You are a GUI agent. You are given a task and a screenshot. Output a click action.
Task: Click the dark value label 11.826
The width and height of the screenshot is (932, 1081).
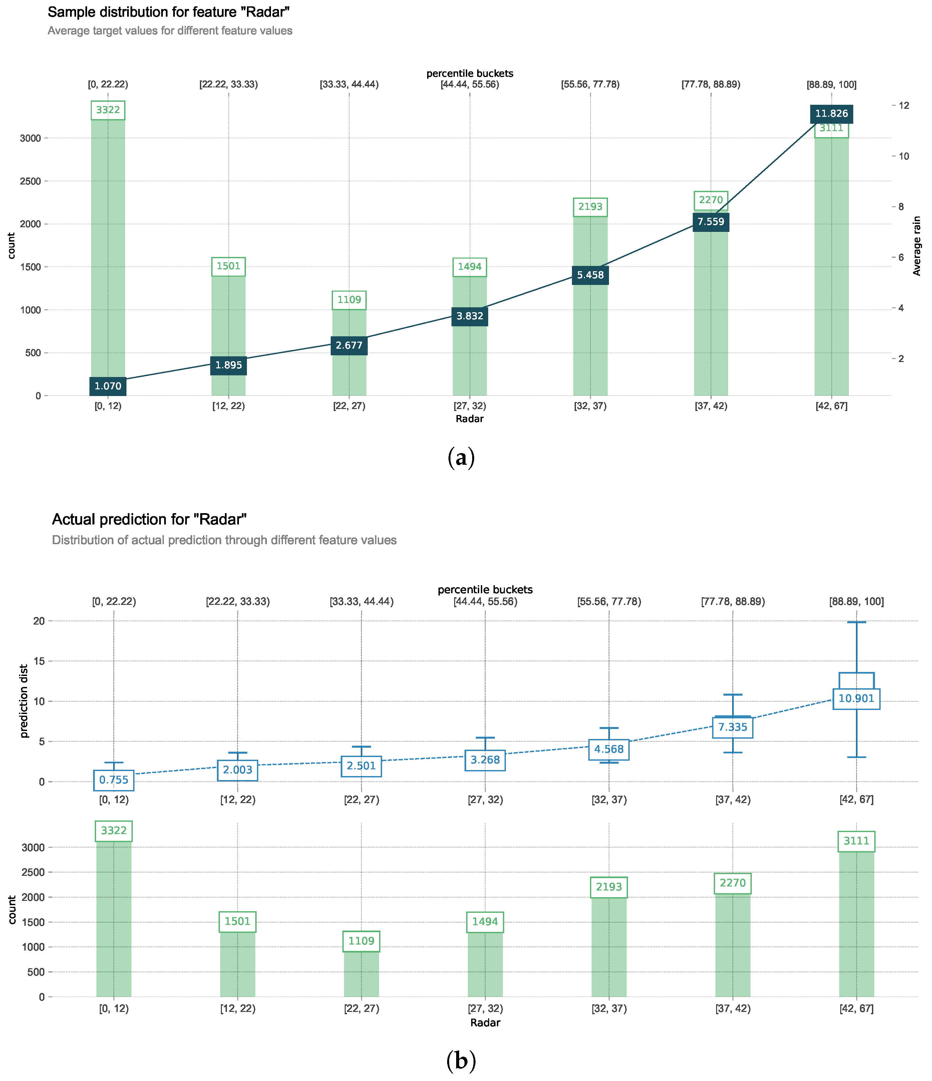(831, 114)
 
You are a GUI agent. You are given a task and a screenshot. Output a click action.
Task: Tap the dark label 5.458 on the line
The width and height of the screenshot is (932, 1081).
(590, 275)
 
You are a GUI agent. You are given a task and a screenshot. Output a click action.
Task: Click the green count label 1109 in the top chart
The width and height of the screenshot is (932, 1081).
(349, 300)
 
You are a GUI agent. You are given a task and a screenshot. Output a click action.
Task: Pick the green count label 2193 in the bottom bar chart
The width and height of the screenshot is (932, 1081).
(609, 887)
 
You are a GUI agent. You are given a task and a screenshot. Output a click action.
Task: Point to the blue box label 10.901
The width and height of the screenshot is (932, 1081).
(856, 699)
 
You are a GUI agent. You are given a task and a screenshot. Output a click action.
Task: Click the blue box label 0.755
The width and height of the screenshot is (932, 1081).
(114, 780)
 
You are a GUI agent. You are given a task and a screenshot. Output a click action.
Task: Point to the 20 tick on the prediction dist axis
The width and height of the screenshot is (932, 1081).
(39, 621)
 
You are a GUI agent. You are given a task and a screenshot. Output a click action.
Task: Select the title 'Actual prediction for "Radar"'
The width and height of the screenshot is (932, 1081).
(149, 519)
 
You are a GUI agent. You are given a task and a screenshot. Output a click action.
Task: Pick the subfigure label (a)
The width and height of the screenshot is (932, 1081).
(461, 457)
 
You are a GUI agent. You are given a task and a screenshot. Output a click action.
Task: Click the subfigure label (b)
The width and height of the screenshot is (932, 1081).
(461, 1061)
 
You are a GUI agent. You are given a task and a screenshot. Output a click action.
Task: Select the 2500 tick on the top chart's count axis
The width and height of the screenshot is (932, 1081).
(30, 181)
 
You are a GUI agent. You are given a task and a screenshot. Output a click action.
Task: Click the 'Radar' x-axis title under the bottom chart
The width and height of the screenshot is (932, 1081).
(485, 1023)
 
